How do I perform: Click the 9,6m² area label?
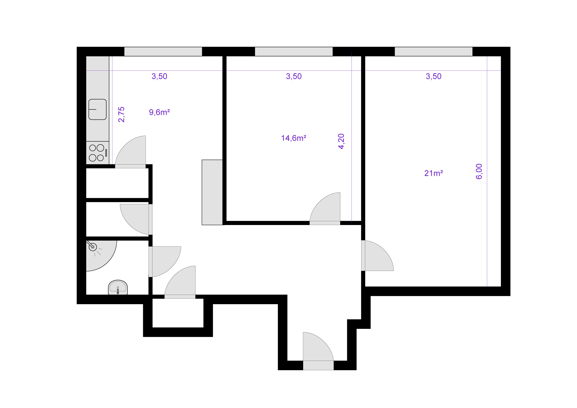pos(159,112)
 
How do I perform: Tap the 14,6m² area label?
pos(294,138)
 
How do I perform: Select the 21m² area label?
pos(434,173)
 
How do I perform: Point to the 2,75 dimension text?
pos(121,114)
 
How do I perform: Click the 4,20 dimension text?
pos(341,141)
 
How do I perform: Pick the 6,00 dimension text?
pos(479,172)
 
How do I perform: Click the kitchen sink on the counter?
pos(97,109)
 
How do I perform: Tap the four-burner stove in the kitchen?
pos(97,153)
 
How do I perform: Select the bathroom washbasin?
pos(118,287)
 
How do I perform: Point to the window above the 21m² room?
pos(434,52)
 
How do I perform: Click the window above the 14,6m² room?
pos(294,52)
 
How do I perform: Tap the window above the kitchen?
pos(163,52)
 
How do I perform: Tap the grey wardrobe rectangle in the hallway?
pos(212,192)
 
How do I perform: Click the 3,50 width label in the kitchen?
pos(159,76)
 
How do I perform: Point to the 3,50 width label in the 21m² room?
pos(434,76)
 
